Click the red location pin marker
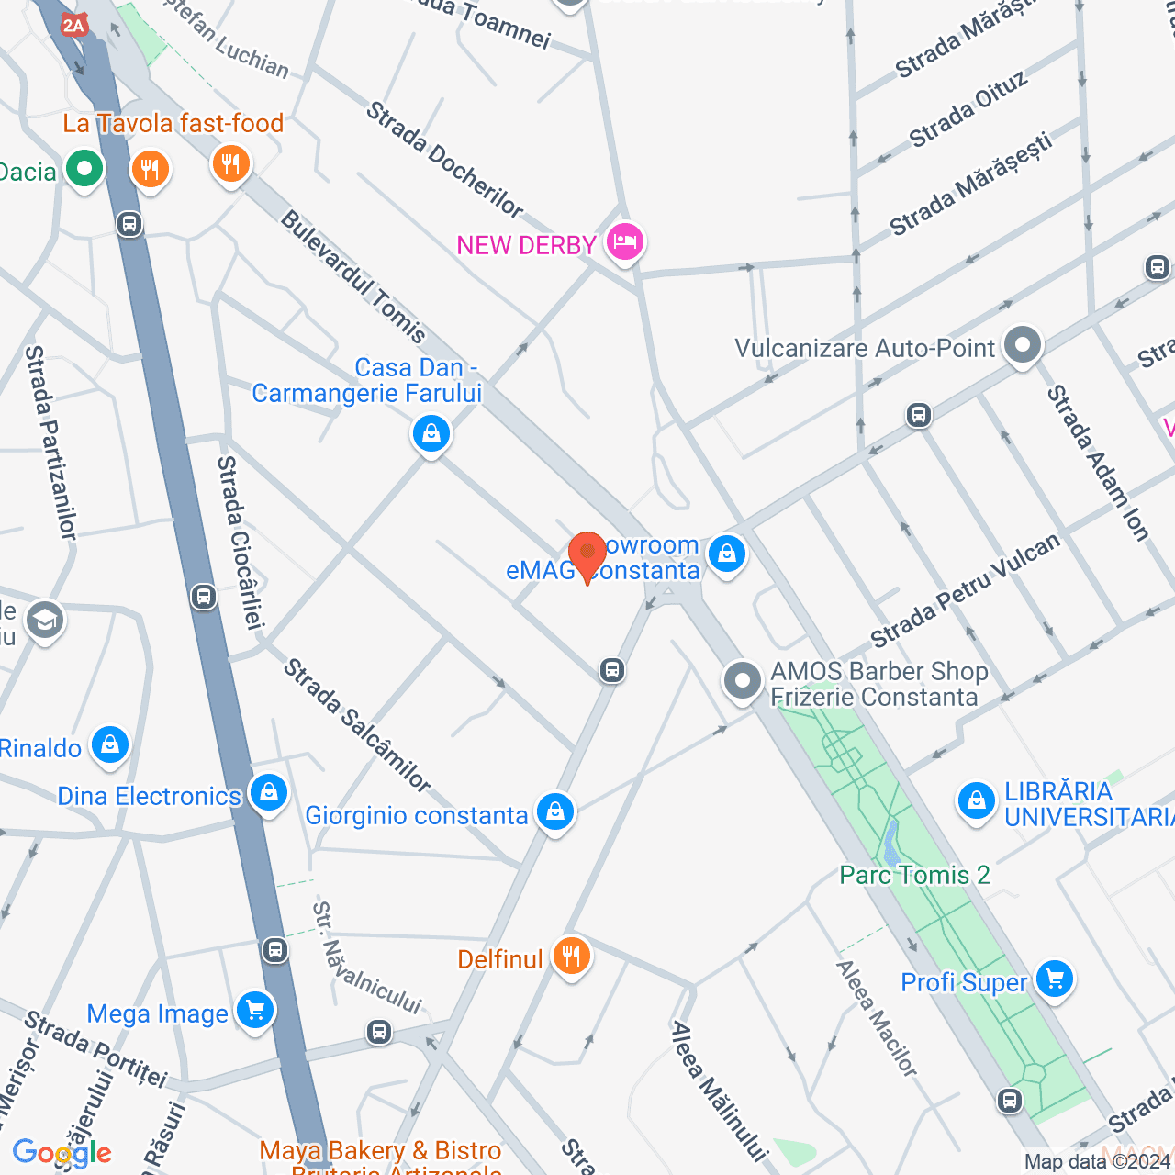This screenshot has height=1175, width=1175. (x=587, y=554)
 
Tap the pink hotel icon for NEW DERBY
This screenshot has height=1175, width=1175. (x=625, y=241)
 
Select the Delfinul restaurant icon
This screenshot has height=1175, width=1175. (x=571, y=957)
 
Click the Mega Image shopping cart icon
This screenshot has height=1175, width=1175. (x=255, y=1011)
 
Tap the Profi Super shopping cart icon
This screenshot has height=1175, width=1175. (x=1055, y=979)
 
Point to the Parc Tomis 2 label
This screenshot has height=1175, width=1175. (x=914, y=875)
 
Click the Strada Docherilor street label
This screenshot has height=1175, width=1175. (x=444, y=160)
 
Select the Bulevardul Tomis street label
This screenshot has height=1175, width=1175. (x=353, y=276)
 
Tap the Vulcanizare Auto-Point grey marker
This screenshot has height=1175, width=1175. (x=1023, y=346)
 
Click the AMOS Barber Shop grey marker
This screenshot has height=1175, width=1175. (x=743, y=681)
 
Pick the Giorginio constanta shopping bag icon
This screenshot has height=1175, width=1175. (x=555, y=812)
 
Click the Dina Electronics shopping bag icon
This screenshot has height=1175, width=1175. (x=269, y=792)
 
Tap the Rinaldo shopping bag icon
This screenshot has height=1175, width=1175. (x=110, y=745)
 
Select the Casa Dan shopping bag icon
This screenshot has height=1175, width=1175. (x=431, y=432)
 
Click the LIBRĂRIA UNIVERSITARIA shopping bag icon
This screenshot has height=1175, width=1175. (x=976, y=801)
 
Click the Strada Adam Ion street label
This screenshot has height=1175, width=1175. (x=1097, y=463)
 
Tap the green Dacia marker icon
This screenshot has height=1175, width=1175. (x=84, y=169)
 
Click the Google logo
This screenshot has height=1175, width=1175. (x=62, y=1153)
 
